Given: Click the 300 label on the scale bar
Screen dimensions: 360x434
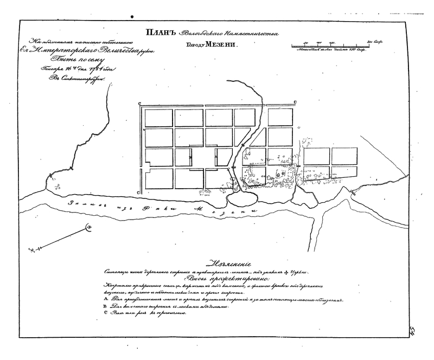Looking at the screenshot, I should pyautogui.click(x=373, y=41).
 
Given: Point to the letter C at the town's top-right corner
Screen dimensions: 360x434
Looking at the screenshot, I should pyautogui.click(x=295, y=102).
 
